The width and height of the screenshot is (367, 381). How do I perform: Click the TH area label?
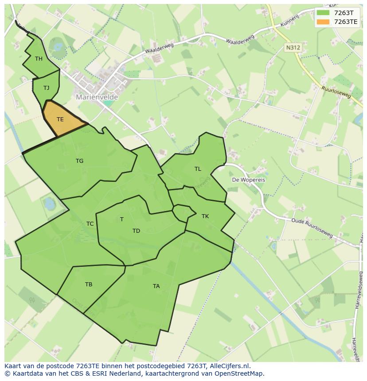(39, 59)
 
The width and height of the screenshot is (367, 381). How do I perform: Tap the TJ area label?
(46, 88)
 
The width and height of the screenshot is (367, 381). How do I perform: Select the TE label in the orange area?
(60, 119)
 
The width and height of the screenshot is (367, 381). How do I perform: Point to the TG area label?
(79, 161)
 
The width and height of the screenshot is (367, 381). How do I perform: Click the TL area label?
(198, 169)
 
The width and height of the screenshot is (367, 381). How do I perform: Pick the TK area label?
(205, 216)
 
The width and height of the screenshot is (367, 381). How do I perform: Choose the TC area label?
(90, 224)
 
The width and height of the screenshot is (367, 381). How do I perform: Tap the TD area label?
(136, 231)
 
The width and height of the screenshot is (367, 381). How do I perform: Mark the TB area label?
(89, 285)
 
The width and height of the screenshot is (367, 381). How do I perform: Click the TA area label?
(156, 286)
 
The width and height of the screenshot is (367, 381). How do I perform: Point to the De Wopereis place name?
(249, 180)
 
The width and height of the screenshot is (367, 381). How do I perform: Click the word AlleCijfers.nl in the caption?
(230, 366)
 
